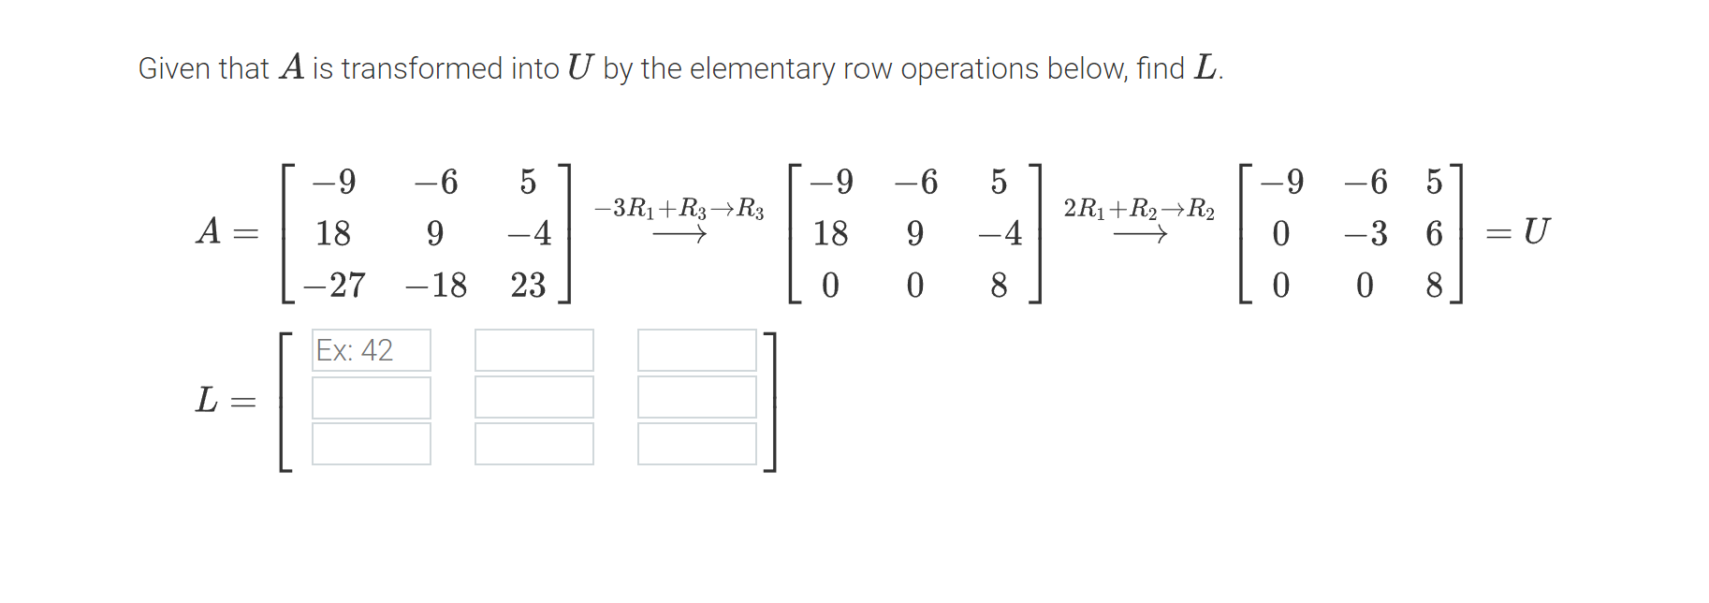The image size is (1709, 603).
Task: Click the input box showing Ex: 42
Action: click(372, 350)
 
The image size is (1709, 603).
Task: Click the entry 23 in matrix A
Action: click(528, 285)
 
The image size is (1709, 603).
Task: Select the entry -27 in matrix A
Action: click(334, 285)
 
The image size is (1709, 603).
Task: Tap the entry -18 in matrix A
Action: click(435, 285)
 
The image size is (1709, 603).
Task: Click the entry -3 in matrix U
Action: click(1366, 233)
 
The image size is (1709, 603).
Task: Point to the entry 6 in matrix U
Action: click(1434, 233)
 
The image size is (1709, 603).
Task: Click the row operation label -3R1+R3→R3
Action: click(679, 208)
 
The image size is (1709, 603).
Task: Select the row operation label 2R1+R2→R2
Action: click(1139, 208)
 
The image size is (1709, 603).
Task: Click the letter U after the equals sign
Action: click(1536, 230)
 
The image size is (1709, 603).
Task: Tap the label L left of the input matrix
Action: click(207, 400)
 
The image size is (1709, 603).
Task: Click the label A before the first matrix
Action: click(209, 230)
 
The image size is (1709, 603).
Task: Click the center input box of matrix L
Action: click(534, 397)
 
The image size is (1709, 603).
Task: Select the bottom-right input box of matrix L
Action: click(697, 444)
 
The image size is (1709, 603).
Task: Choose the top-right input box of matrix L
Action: click(697, 350)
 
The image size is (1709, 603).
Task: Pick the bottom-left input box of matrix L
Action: click(372, 444)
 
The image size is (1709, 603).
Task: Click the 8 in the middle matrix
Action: click(999, 285)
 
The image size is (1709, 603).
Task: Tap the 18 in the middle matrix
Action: click(830, 233)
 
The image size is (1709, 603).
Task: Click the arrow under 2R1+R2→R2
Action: click(1139, 235)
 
